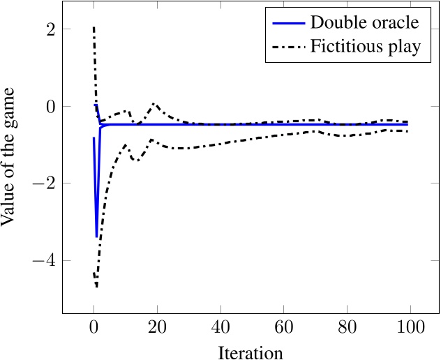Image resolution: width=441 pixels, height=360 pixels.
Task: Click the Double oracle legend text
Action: coord(364,22)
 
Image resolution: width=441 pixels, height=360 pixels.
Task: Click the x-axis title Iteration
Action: coord(251,352)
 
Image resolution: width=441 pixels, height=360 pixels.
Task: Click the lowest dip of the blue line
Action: coord(97,237)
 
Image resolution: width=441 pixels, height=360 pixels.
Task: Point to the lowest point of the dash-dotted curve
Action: coord(96,287)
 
